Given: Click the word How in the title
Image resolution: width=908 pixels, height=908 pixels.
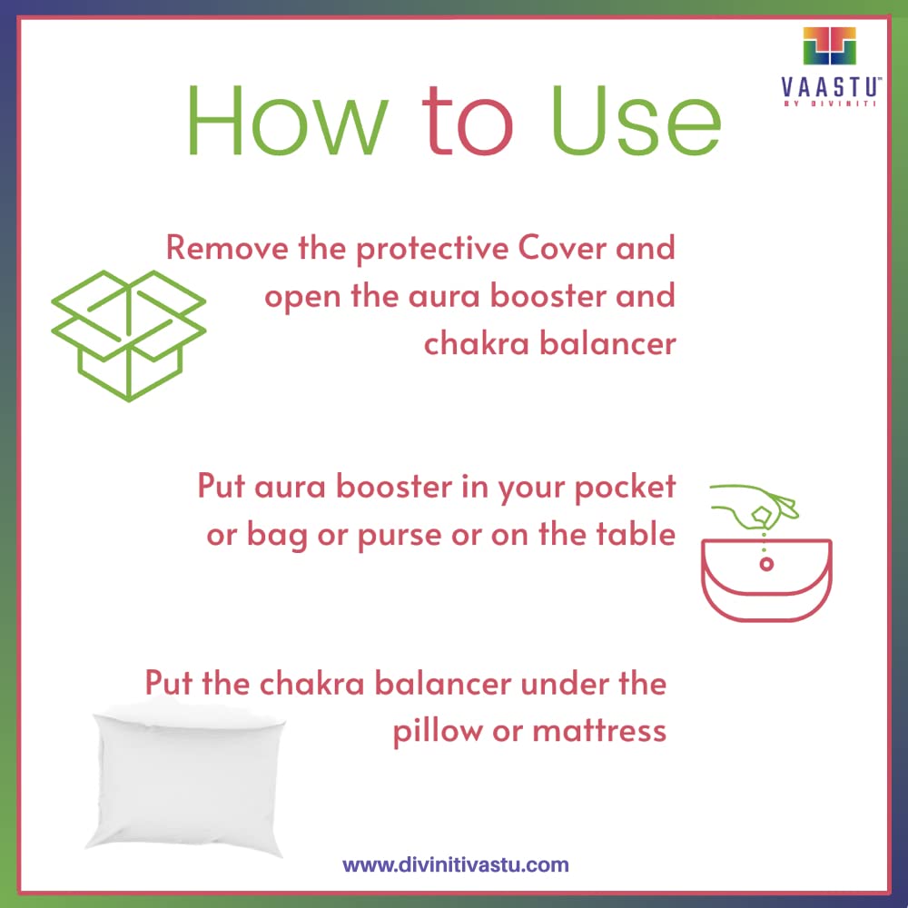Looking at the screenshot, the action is click(287, 121).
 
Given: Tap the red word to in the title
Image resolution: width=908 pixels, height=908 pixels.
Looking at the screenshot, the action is click(468, 121).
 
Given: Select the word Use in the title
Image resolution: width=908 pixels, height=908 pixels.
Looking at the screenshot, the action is click(636, 121).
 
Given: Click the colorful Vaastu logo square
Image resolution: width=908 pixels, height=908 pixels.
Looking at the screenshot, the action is click(829, 45).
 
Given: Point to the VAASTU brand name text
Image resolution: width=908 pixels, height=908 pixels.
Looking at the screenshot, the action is click(831, 87).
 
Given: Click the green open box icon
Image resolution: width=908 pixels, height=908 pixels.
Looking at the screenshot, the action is click(129, 335).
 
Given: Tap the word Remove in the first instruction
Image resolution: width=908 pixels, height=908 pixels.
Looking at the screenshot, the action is click(227, 247).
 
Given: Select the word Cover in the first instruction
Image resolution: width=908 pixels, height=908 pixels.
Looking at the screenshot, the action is click(562, 247).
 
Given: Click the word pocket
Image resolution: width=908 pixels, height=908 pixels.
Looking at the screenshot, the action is click(625, 488).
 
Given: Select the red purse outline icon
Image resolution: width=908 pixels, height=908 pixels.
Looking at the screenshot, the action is click(766, 580).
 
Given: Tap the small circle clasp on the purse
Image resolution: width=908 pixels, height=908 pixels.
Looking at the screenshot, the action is click(766, 564).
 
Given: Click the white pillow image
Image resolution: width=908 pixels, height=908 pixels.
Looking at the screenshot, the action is click(185, 777).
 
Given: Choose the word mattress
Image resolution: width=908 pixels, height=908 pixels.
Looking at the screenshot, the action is click(599, 731).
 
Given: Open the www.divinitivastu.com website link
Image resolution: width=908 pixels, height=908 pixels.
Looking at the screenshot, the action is click(456, 865).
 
